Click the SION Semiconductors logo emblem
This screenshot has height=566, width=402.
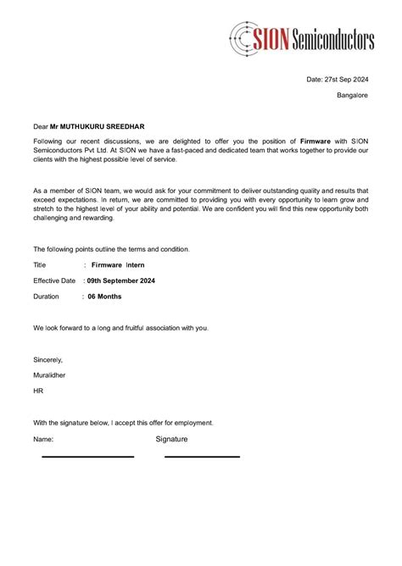pos(245,36)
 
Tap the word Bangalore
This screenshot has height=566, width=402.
pos(353,96)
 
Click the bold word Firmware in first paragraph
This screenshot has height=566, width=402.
pos(315,140)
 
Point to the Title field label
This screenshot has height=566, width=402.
pos(40,265)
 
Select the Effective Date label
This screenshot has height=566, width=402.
pos(54,280)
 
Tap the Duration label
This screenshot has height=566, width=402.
pos(47,297)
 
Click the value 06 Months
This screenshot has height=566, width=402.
pos(104,297)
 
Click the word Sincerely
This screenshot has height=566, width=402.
pos(48,359)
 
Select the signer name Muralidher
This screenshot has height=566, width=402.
pos(50,375)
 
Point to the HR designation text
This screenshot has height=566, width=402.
pos(38,391)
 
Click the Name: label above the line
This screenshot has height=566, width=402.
pos(43,440)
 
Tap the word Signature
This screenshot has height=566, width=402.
pos(172,439)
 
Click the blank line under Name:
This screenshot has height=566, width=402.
pos(88,457)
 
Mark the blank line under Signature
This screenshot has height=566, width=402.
pos(202,457)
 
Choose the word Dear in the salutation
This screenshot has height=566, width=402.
pos(41,126)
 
